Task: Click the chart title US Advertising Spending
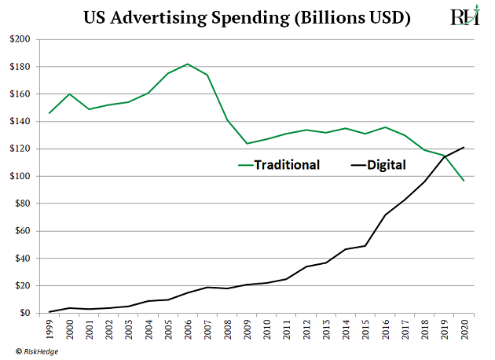[247, 18]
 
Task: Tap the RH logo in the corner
[464, 17]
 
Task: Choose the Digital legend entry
[385, 166]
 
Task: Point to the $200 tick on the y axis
[20, 39]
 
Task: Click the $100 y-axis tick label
[20, 176]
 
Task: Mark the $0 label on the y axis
[25, 313]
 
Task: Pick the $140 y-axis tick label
[20, 121]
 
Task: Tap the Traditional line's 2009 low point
[247, 144]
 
